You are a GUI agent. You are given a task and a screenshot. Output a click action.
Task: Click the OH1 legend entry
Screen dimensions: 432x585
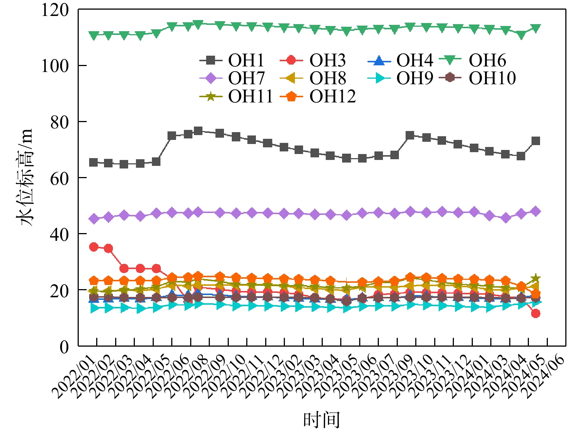point(232,60)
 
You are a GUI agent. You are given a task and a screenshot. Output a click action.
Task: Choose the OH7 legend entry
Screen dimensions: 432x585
point(232,78)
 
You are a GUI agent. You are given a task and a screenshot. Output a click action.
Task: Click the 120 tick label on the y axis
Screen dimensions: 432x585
point(55,10)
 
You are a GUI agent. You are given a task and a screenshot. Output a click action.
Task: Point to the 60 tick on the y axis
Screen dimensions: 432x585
point(59,178)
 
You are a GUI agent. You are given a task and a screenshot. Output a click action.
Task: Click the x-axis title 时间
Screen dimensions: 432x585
point(322,420)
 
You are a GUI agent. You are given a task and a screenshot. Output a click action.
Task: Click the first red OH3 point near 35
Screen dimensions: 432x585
point(94,247)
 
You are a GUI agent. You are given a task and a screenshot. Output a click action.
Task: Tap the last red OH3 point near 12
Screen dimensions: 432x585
point(536,314)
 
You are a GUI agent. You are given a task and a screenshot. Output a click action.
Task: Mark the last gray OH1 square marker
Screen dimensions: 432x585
point(536,141)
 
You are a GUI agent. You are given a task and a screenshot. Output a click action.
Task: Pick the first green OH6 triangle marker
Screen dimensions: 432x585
point(94,36)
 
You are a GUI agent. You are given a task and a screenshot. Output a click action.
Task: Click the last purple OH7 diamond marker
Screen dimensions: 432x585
point(536,211)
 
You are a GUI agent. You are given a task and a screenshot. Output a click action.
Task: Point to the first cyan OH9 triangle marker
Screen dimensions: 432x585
point(94,308)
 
